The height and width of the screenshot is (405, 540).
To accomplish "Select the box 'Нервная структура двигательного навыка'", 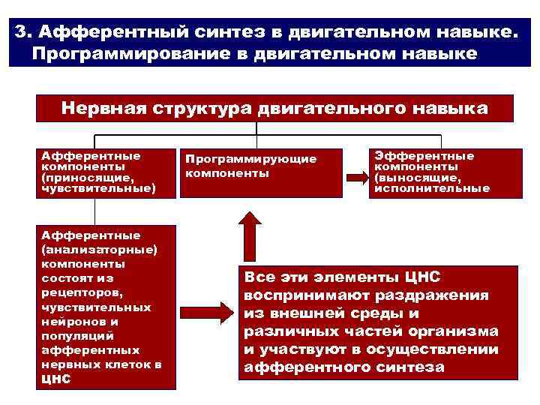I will [x=274, y=109].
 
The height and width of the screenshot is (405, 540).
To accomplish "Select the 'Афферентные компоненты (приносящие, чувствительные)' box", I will [x=106, y=172].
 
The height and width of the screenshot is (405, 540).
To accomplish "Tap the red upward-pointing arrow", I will [x=248, y=234].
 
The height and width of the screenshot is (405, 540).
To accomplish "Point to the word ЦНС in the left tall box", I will [x=56, y=379].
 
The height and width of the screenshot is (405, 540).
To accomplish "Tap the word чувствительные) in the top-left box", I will [x=98, y=190].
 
